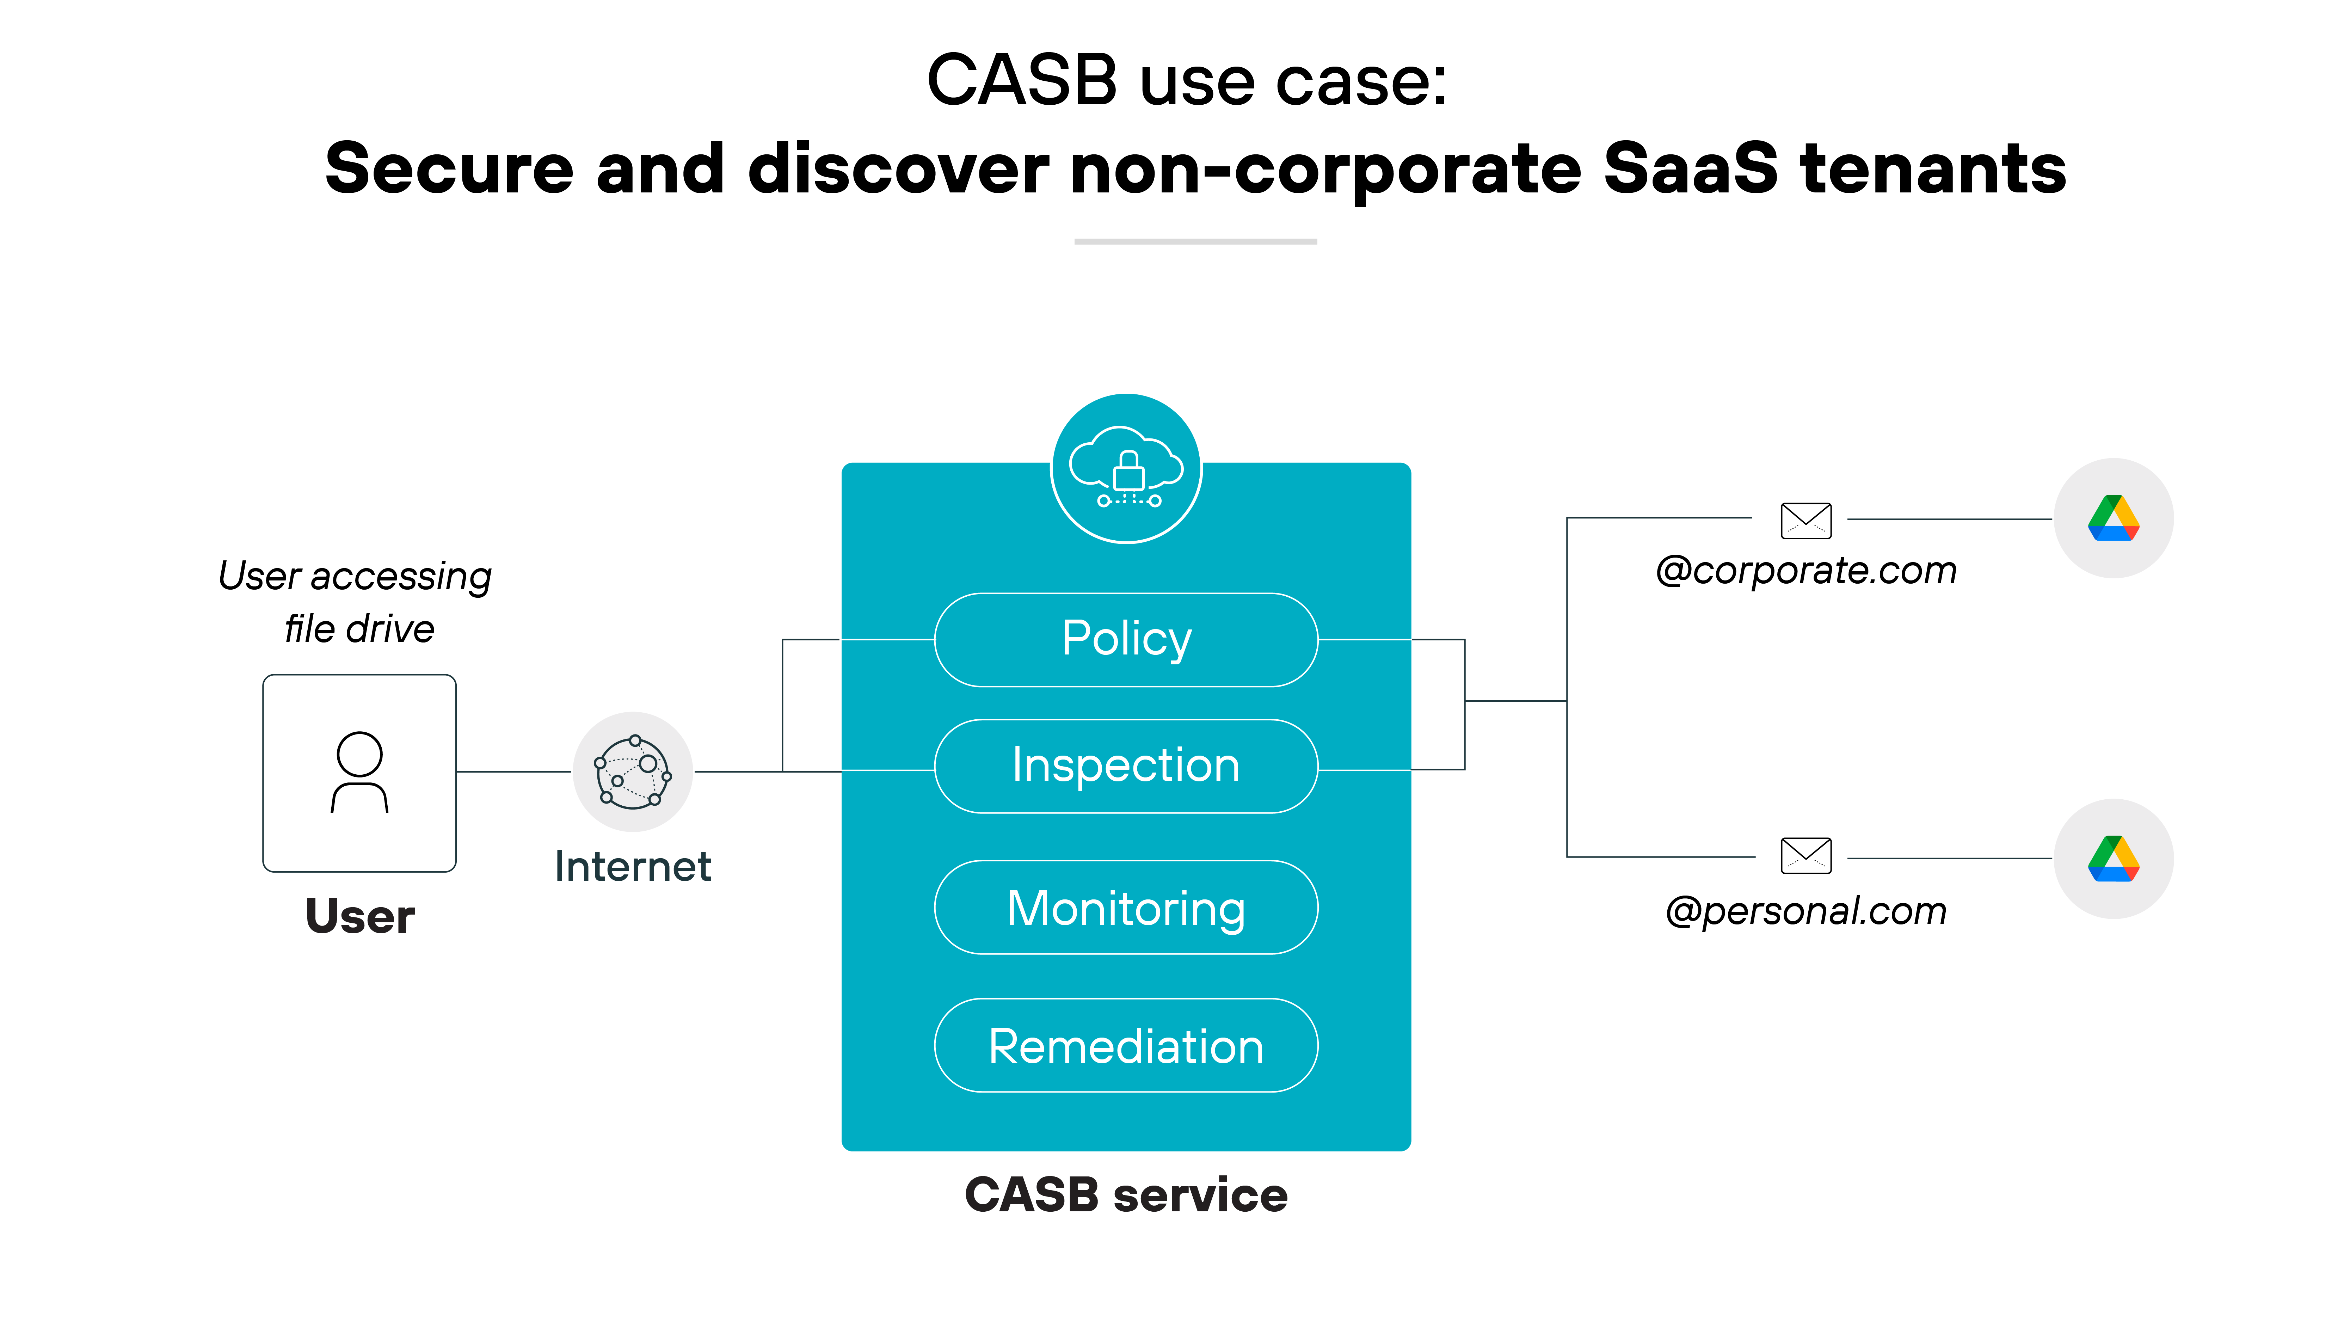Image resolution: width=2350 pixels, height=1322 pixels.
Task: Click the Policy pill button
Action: click(x=1126, y=640)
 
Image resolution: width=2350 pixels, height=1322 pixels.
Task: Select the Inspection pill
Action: click(x=1126, y=766)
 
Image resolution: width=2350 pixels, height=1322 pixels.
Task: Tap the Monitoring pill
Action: click(x=1126, y=908)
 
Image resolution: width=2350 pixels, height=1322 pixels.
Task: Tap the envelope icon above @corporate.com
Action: click(x=1805, y=520)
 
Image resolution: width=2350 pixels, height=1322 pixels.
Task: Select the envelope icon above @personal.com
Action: click(x=1805, y=856)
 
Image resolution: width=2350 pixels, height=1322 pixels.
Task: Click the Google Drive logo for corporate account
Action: click(x=2113, y=518)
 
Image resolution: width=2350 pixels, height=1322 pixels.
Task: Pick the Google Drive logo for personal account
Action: click(x=2113, y=859)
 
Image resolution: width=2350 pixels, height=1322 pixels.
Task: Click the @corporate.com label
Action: click(x=1805, y=571)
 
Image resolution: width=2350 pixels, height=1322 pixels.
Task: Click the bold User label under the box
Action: click(x=359, y=917)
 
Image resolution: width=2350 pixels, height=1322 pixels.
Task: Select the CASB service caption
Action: click(x=1126, y=1195)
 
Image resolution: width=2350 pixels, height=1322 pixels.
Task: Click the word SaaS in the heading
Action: click(x=1690, y=170)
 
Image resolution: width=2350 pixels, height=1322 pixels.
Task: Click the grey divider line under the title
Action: click(x=1195, y=242)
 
